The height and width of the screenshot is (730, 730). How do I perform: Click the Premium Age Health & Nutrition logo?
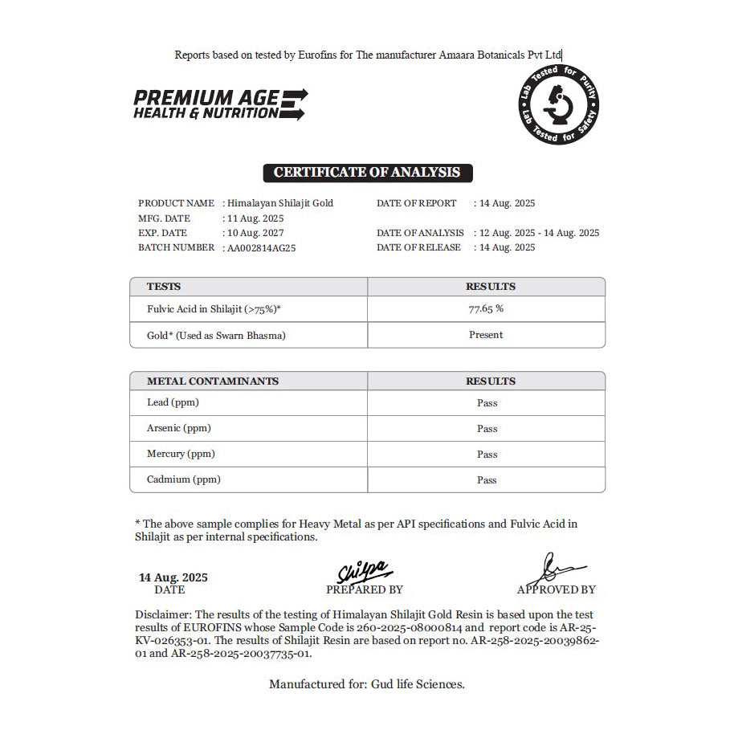(x=219, y=104)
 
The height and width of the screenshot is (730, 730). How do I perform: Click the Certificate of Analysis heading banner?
(x=367, y=173)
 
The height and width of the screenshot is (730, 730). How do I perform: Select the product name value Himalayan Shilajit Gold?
(x=279, y=203)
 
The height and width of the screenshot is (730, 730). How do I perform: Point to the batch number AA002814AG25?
(x=262, y=248)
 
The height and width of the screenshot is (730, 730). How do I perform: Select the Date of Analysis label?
(x=420, y=233)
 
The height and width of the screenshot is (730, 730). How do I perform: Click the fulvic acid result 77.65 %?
(x=486, y=309)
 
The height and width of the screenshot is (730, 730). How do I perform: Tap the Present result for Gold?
(x=486, y=335)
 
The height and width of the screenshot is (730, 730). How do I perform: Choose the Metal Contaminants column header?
(x=213, y=381)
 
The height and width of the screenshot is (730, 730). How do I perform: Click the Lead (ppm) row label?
(x=173, y=402)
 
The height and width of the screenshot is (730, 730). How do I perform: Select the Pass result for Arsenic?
(x=487, y=429)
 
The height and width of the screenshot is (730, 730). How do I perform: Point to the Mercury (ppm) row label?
(x=181, y=454)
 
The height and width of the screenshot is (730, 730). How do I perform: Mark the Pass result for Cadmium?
(x=487, y=480)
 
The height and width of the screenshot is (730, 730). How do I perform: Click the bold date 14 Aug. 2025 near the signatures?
(x=173, y=577)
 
